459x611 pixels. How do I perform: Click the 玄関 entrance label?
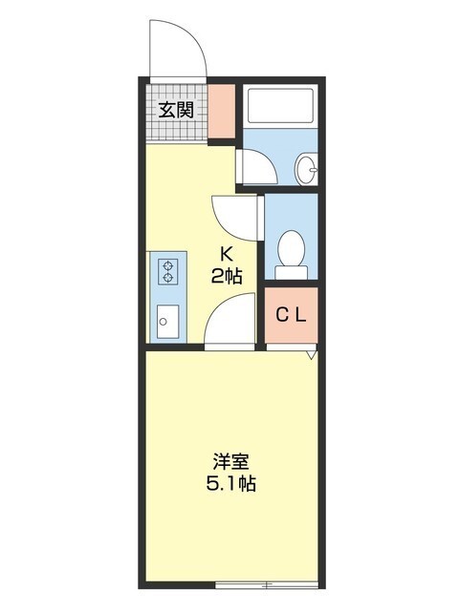[x=175, y=109]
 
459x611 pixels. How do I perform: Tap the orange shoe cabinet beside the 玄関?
[x=222, y=113]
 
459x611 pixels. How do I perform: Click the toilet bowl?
[x=290, y=253]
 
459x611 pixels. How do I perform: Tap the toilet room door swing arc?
[x=235, y=215]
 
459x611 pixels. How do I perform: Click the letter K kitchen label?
[x=228, y=254]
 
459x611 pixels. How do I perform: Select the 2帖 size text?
[x=228, y=276]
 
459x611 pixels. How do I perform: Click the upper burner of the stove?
[x=168, y=265]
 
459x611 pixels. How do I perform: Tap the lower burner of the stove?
[x=168, y=279]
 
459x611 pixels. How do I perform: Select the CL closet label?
[x=291, y=316]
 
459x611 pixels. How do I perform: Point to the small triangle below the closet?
[x=311, y=357]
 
